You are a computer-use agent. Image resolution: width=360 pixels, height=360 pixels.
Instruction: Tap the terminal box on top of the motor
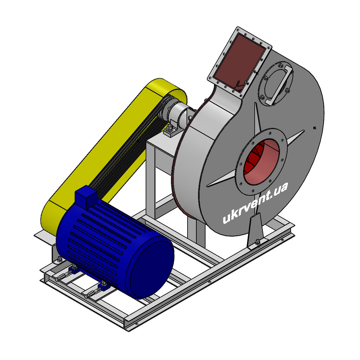pyautogui.click(x=86, y=197)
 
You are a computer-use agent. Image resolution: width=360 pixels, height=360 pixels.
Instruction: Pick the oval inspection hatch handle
pyautogui.click(x=278, y=85)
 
